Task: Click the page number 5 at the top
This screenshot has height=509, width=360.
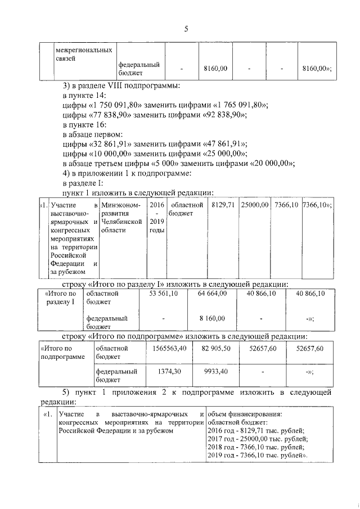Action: (x=185, y=29)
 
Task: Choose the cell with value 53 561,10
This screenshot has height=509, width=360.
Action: (x=163, y=293)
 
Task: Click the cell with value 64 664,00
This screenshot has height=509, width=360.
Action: (x=212, y=293)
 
